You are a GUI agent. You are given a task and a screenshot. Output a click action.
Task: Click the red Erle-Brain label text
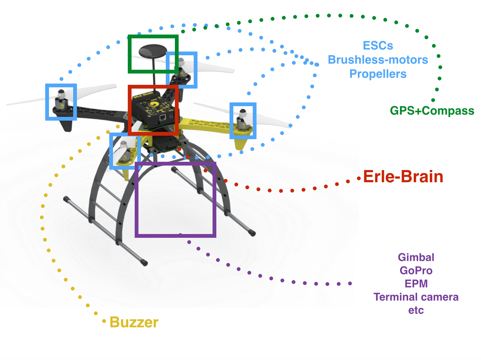pos(403,177)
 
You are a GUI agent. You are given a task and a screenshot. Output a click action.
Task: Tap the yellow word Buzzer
pos(134,322)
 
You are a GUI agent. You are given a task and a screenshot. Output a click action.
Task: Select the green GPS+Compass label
pos(432,111)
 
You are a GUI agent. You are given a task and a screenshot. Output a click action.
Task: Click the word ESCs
pos(378,46)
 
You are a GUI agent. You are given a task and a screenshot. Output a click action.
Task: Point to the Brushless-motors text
pos(378,60)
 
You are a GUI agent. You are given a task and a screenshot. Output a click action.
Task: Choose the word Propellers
pos(378,74)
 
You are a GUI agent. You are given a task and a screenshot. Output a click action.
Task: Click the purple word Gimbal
pos(416,257)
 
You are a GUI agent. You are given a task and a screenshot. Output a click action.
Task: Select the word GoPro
pos(416,270)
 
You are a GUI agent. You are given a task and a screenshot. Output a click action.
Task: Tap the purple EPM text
pos(416,284)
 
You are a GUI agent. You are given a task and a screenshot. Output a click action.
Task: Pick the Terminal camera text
pos(416,297)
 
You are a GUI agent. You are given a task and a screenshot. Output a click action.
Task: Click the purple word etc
pos(416,310)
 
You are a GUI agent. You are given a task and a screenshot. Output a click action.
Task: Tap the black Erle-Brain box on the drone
pos(154,108)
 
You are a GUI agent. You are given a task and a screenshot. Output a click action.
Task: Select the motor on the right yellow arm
pos(242,121)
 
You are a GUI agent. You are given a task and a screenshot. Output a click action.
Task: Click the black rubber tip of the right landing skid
pos(252,233)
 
